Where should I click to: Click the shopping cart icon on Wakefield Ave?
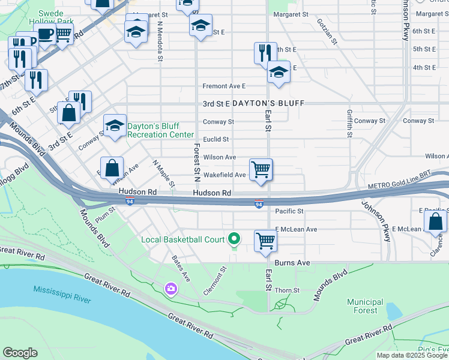click(261, 169)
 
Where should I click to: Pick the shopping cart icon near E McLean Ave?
click(265, 241)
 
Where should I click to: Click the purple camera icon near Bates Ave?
click(172, 289)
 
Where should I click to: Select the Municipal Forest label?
click(366, 306)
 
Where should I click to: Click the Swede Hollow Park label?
click(46, 17)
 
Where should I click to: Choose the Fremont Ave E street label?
click(224, 86)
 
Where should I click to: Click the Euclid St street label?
click(216, 139)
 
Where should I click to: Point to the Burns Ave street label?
click(292, 263)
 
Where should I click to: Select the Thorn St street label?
click(288, 290)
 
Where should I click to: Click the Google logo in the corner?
click(20, 353)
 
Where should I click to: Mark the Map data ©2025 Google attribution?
click(412, 355)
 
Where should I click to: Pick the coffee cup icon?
click(46, 34)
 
